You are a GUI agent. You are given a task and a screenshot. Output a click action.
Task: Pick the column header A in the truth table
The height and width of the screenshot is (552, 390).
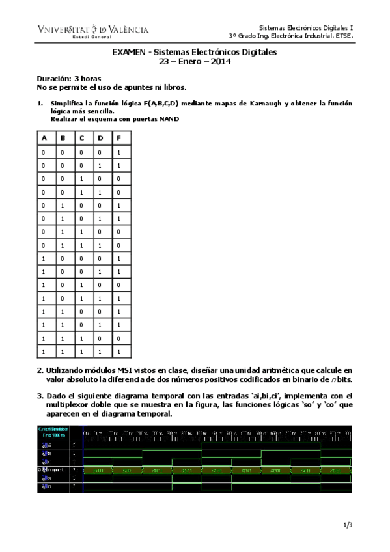(44, 138)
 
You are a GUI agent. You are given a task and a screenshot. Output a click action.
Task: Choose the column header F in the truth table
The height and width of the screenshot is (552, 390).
(119, 138)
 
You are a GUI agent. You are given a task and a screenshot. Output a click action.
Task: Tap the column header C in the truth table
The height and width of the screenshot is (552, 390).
(81, 138)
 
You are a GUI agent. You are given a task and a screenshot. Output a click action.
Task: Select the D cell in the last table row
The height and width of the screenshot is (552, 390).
(100, 352)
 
